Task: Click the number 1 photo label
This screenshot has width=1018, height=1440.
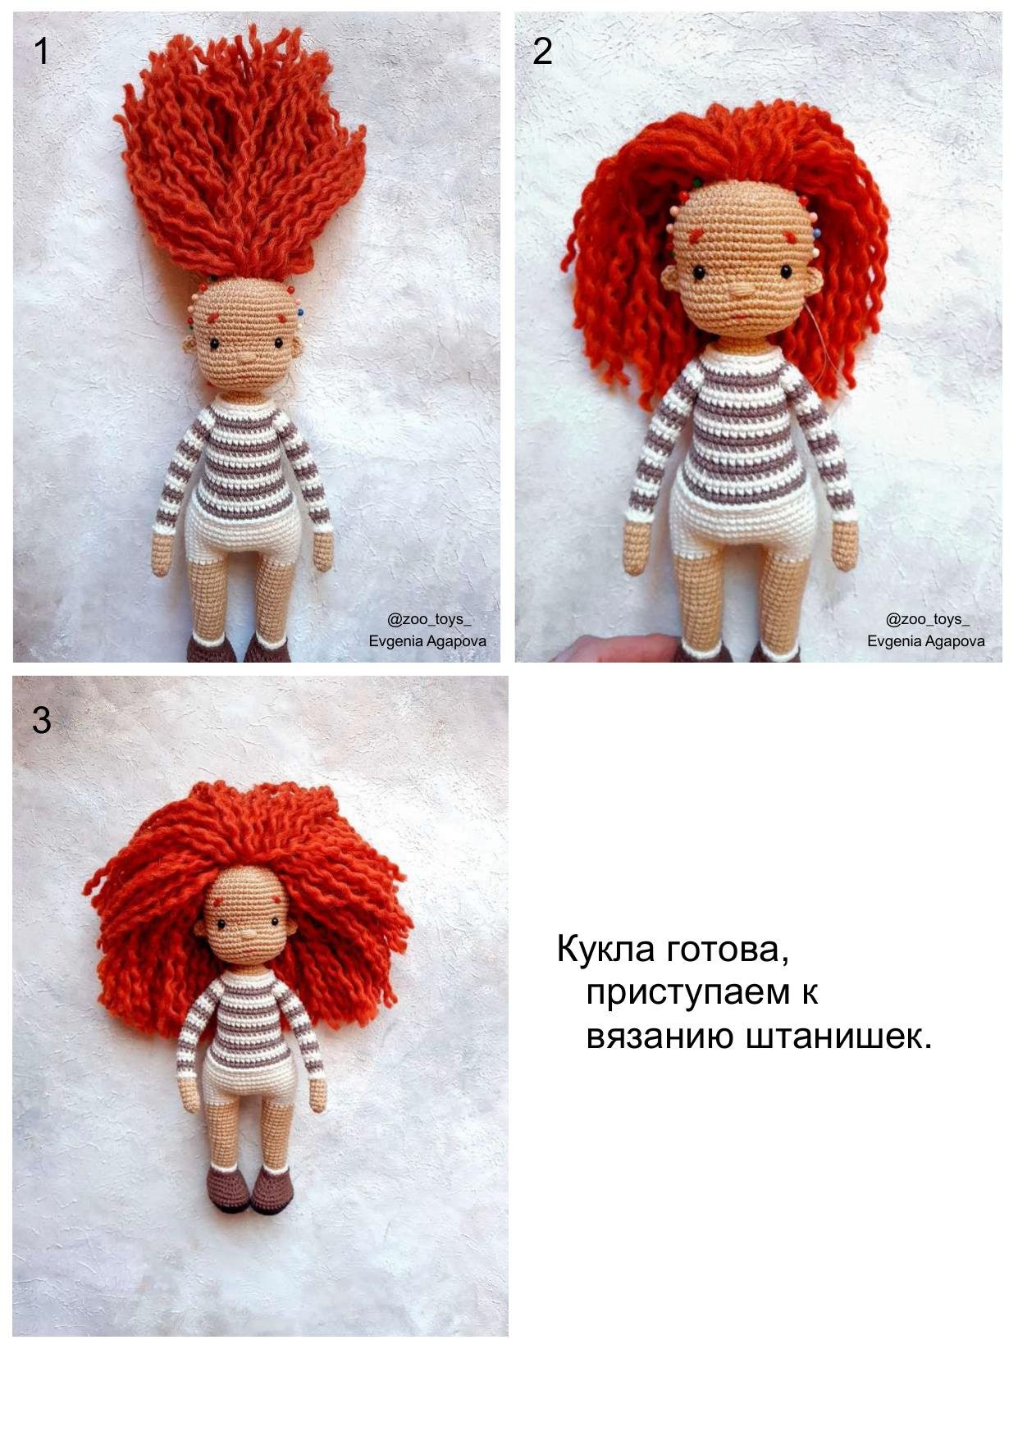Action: click(x=41, y=52)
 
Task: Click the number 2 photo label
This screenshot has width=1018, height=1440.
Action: click(x=542, y=52)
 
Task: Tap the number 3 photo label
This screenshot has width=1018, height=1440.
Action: click(x=41, y=720)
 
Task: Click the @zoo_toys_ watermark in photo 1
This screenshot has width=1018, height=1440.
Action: click(x=429, y=619)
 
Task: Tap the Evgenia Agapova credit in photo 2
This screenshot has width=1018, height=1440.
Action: click(x=925, y=641)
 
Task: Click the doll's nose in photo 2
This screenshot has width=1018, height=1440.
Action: click(x=742, y=289)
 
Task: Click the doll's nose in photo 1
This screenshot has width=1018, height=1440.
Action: click(x=247, y=358)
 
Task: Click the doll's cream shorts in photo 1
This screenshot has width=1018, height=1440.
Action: click(x=244, y=533)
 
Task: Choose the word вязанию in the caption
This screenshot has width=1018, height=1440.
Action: click(x=660, y=1037)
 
